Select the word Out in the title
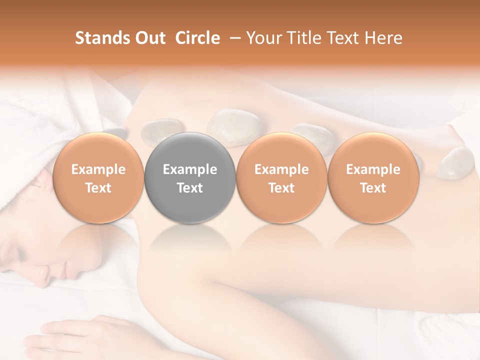click(149, 38)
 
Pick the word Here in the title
click(384, 38)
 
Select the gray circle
click(190, 177)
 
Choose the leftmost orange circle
click(98, 177)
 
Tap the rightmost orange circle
click(373, 177)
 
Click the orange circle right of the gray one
click(281, 177)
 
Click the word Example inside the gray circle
click(190, 169)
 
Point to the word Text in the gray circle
click(190, 188)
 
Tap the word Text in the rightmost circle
click(373, 188)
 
